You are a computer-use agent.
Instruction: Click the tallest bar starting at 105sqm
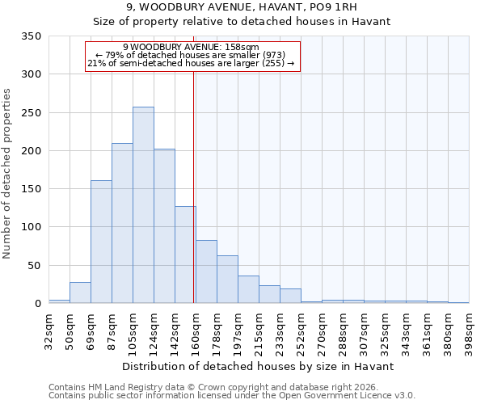click(x=143, y=205)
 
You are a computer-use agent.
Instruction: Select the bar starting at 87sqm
click(x=122, y=223)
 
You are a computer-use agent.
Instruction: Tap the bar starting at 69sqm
click(x=101, y=242)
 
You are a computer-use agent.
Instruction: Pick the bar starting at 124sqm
click(x=164, y=226)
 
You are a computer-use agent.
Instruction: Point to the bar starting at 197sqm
click(x=248, y=289)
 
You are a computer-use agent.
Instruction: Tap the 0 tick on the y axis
click(x=37, y=304)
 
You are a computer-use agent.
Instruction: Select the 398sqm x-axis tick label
click(x=469, y=331)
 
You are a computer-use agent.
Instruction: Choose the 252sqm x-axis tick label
click(x=301, y=331)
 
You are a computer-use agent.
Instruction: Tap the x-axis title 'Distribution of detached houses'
click(x=259, y=366)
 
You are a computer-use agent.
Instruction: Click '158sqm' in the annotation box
click(x=242, y=47)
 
